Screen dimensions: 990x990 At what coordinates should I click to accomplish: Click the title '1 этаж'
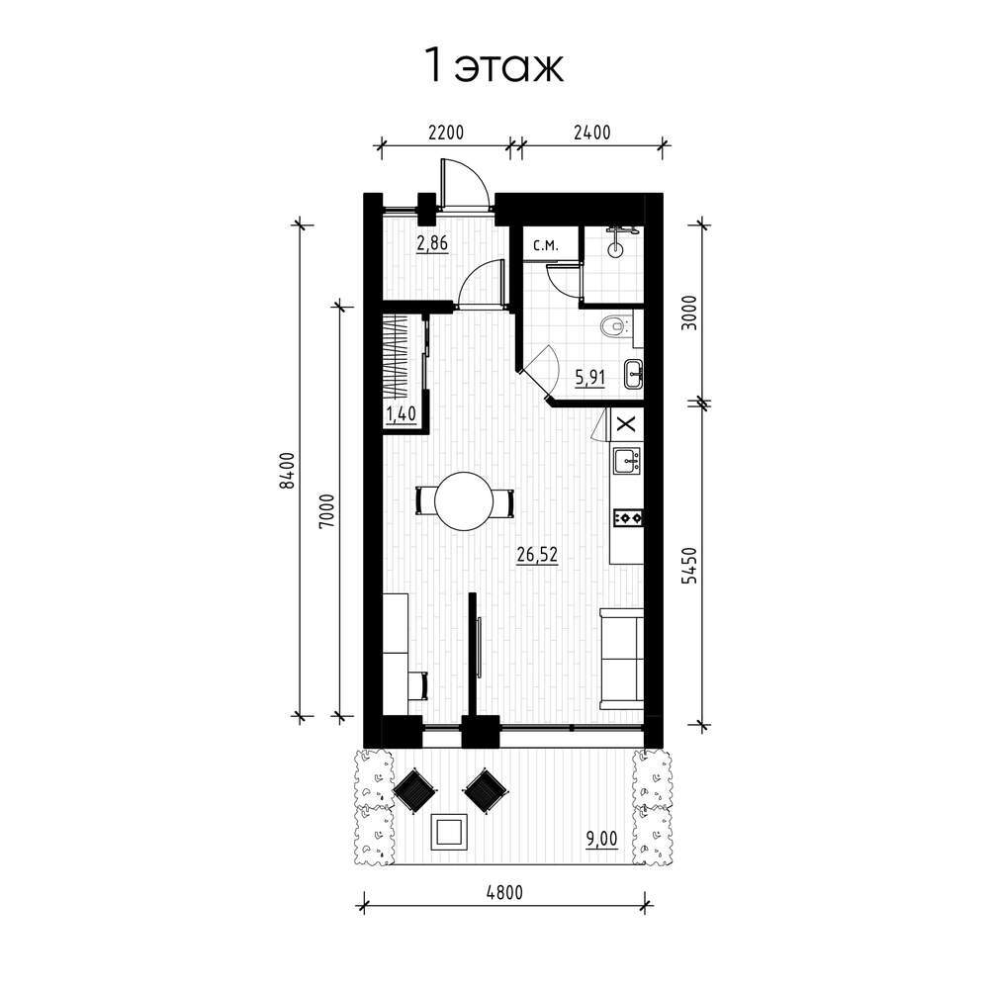tap(495, 65)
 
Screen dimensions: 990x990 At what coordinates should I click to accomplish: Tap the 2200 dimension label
tap(446, 133)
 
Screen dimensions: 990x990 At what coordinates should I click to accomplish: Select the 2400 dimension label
tap(592, 133)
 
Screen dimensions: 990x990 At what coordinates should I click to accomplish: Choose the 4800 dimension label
tap(505, 893)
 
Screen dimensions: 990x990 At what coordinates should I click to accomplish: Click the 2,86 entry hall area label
tap(432, 243)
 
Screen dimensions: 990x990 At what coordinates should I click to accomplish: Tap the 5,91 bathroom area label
tap(589, 378)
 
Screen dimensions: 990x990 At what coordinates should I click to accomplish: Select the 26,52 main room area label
tap(537, 555)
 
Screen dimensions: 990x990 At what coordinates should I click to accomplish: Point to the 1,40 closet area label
tap(401, 414)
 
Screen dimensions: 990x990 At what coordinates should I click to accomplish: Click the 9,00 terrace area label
tap(601, 839)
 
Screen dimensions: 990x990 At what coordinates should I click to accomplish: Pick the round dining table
tap(465, 501)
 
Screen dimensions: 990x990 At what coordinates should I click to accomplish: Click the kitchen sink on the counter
tap(626, 460)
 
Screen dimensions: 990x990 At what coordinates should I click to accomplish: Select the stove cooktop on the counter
tap(628, 517)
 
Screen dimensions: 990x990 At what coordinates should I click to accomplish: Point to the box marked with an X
tap(626, 423)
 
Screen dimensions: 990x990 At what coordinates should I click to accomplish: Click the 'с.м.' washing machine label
tap(546, 246)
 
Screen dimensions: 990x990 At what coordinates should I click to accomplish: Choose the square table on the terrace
tap(449, 832)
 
